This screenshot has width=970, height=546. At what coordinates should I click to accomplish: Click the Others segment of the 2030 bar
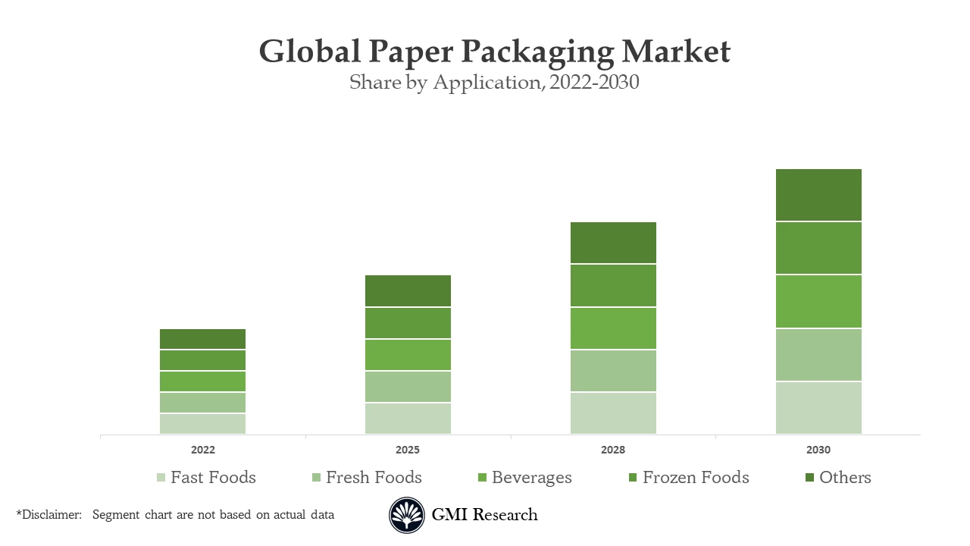(818, 195)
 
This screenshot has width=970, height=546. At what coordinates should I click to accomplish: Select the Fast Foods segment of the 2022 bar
(202, 423)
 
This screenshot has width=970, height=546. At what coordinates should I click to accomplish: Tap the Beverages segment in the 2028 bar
(613, 328)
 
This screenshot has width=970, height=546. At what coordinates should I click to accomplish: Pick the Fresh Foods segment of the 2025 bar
(408, 387)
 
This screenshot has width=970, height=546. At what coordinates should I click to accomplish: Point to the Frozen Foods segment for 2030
(818, 248)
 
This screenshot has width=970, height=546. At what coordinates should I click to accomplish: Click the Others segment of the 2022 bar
(202, 339)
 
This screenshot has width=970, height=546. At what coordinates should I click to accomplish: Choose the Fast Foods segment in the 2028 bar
(613, 413)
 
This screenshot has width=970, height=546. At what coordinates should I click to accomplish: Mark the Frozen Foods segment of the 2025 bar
(408, 323)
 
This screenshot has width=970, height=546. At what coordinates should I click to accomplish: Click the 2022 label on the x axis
(202, 450)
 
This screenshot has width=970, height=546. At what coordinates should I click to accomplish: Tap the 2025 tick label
(408, 450)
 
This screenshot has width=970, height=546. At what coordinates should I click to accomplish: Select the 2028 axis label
(613, 450)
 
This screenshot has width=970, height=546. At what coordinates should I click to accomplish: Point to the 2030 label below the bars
(818, 450)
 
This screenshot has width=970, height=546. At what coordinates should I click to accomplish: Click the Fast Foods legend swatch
(161, 478)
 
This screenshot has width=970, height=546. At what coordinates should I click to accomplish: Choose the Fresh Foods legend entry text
(374, 478)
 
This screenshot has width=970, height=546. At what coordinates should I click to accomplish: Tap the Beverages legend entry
(531, 478)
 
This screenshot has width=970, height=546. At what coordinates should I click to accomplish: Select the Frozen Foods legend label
(695, 478)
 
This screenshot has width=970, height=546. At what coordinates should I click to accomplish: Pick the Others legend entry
(844, 478)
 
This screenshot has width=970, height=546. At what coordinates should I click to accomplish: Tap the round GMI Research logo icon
(407, 516)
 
